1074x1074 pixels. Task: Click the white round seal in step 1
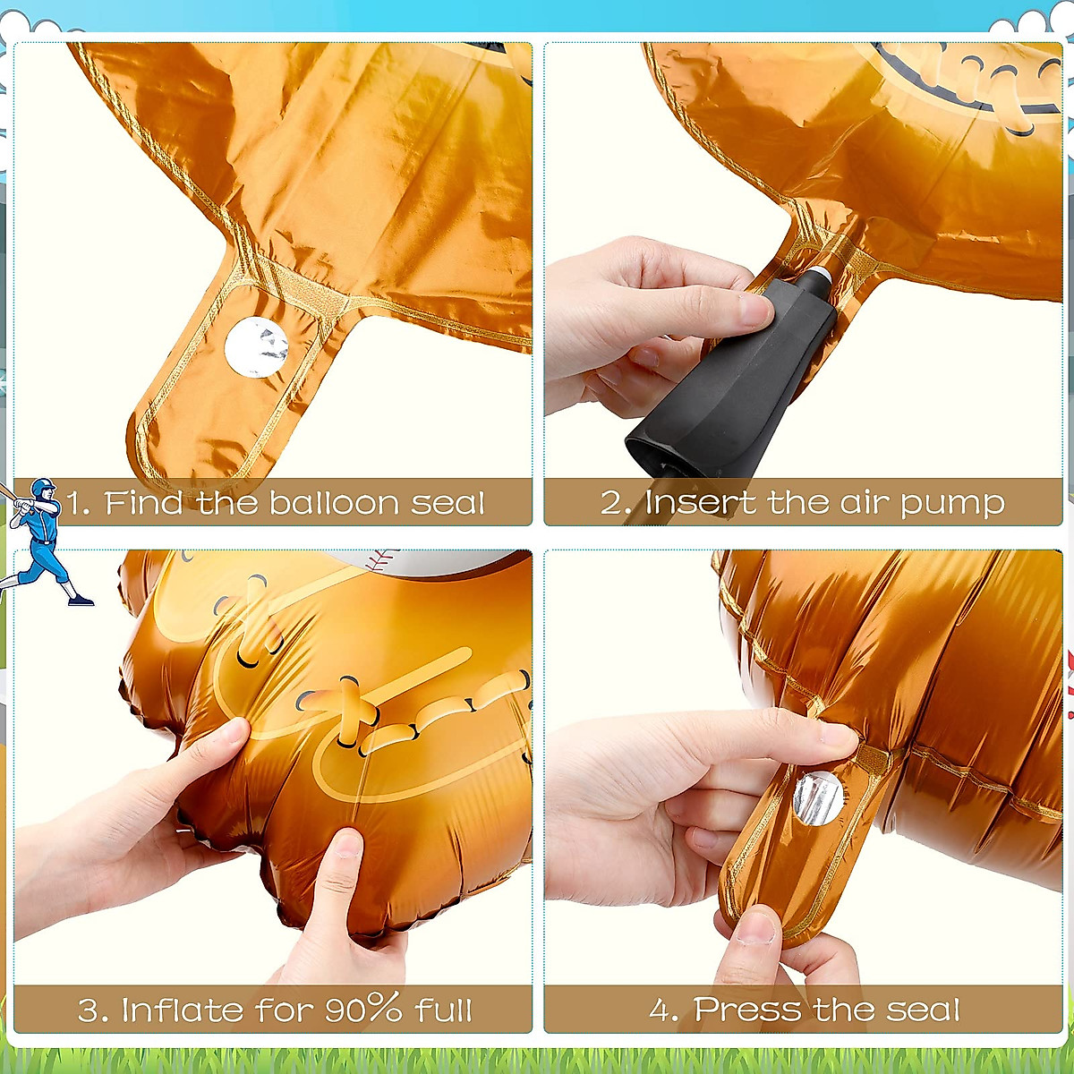pos(256,347)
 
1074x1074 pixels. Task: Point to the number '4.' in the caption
pos(664,1010)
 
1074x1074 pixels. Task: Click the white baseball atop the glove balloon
pos(430,560)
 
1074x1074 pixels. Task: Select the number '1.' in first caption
pos(79,503)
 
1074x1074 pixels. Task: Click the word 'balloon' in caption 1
pos(333,503)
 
